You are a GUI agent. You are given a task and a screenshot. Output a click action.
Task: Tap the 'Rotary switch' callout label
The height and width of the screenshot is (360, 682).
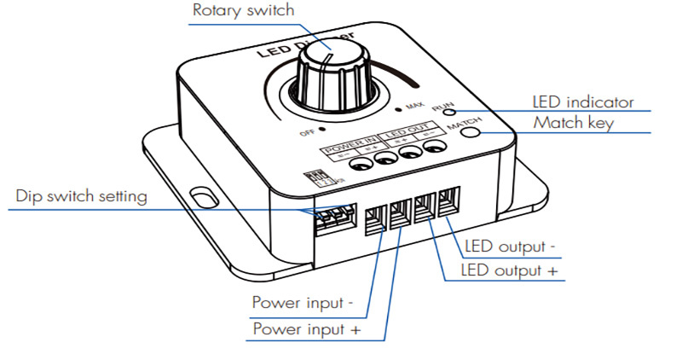pos(244,11)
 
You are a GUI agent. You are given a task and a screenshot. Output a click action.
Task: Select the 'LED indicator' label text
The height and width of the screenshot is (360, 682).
pos(582,102)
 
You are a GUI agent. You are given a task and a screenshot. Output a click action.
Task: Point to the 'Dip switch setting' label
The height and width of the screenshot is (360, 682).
pos(82,197)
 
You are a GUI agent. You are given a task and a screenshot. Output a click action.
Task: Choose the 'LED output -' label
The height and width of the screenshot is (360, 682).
pos(511,248)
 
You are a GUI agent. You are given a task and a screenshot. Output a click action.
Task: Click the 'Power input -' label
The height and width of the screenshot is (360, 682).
pos(302,303)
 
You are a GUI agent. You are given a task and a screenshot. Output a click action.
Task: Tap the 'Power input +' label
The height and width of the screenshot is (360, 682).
pos(303,328)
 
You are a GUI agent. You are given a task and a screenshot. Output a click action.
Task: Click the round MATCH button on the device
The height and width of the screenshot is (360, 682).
pos(471,131)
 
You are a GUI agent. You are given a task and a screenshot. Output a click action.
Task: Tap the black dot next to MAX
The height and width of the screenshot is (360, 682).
pos(398,110)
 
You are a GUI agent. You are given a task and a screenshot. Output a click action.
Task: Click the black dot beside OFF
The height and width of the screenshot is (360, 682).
pos(324,132)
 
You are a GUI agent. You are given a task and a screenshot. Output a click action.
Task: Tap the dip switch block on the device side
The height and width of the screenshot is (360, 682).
pos(327,220)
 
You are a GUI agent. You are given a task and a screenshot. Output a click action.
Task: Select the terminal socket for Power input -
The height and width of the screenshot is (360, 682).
pos(375,218)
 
